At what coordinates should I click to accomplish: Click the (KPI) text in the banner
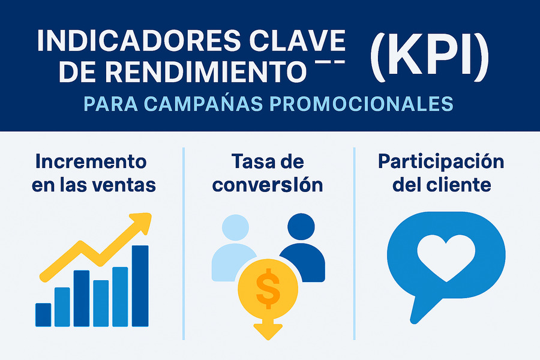429,59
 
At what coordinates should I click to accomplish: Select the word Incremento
91,161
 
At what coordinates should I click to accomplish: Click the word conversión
268,185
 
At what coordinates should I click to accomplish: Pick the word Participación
441,161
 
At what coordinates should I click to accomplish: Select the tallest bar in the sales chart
140,286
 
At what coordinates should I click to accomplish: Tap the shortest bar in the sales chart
43,314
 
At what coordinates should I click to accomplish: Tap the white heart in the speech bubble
446,257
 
